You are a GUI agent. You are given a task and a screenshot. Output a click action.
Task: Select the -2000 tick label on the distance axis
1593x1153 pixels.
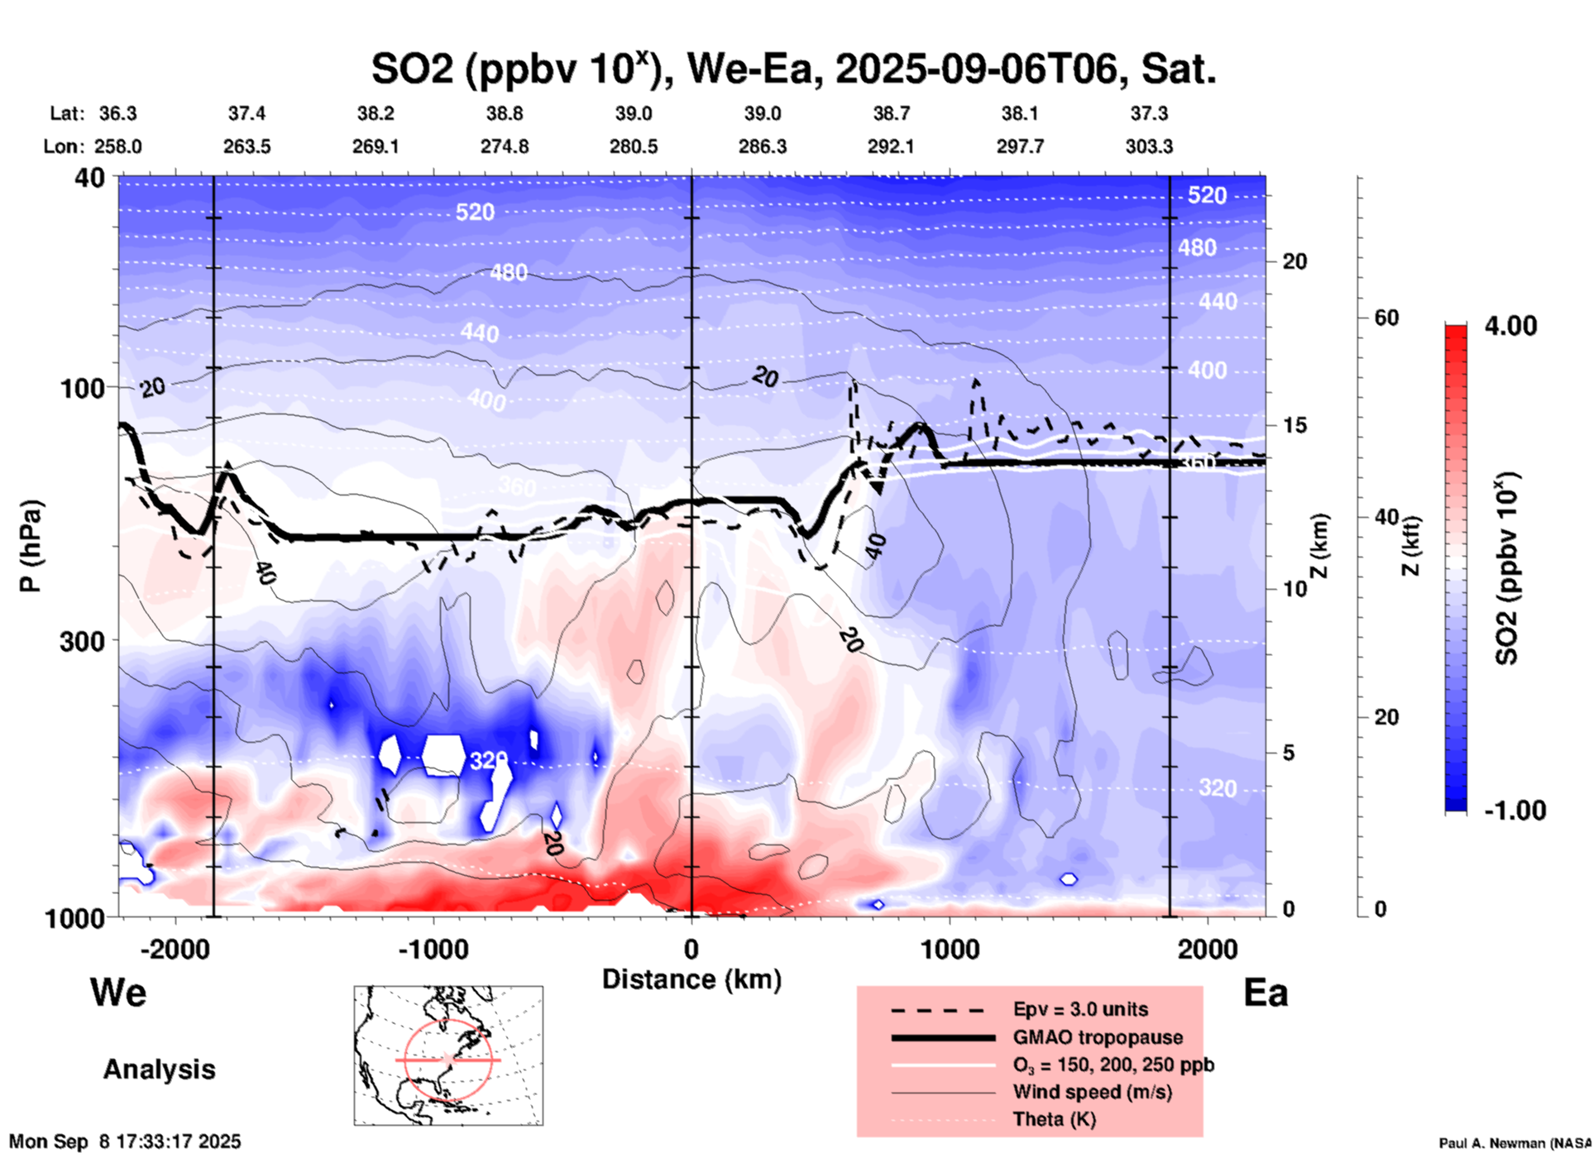point(175,949)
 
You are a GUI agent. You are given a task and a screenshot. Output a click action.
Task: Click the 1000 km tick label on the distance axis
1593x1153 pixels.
point(950,949)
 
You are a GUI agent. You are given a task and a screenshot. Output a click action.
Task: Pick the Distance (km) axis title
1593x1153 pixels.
point(691,979)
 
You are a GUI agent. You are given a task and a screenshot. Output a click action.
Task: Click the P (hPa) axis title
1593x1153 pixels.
point(31,546)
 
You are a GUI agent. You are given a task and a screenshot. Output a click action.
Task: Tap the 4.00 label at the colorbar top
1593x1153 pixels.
point(1510,326)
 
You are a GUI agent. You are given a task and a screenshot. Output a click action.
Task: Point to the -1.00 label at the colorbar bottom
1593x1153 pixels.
point(1514,811)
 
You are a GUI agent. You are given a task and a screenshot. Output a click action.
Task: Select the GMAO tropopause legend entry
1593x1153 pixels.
point(1098,1037)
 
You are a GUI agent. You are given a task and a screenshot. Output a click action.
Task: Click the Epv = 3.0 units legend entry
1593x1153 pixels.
point(1080,1009)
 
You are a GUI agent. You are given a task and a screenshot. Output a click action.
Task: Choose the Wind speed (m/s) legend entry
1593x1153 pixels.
point(1092,1092)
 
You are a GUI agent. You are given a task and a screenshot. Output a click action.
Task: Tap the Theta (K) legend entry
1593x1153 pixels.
point(1054,1119)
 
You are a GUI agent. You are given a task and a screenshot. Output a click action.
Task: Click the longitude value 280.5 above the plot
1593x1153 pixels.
point(634,146)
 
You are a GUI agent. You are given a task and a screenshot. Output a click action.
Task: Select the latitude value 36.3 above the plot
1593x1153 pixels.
point(117,113)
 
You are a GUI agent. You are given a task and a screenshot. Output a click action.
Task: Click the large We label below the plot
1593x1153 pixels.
point(118,992)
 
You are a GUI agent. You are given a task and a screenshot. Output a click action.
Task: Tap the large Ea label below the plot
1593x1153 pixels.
point(1265,993)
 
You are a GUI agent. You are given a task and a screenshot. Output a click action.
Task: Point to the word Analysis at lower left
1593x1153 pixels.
point(159,1069)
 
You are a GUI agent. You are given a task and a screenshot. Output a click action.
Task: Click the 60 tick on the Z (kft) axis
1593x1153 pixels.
point(1387,318)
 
